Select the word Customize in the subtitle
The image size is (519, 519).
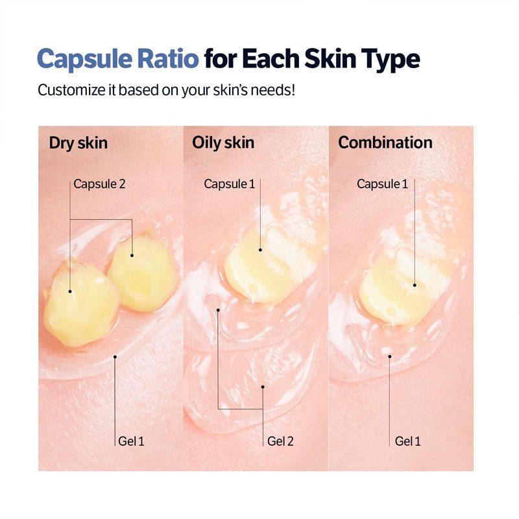69,90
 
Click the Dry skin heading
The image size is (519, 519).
78,143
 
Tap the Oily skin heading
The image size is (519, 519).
223,143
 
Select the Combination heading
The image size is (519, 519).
385,143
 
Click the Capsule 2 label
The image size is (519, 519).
99,184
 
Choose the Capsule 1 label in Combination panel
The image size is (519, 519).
383,184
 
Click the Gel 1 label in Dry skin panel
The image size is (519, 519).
132,441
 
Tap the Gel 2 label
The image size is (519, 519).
280,441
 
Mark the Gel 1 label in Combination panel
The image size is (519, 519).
408,441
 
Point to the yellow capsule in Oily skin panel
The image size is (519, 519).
263,269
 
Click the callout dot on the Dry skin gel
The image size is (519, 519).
115,356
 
